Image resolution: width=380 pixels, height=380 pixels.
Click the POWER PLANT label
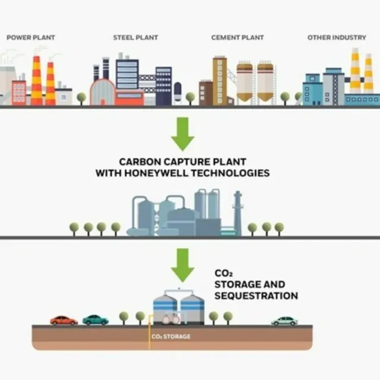(31, 37)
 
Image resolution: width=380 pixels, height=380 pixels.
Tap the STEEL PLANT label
(135, 37)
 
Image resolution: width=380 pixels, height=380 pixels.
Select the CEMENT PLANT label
(237, 37)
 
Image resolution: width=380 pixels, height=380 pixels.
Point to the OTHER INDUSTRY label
(337, 37)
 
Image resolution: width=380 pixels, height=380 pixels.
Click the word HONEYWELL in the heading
(157, 173)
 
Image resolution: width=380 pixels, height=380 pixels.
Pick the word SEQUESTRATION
(256, 296)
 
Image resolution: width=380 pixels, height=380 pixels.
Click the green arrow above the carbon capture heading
(183, 134)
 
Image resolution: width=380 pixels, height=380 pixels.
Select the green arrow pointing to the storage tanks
(183, 265)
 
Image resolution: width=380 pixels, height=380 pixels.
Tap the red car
(64, 320)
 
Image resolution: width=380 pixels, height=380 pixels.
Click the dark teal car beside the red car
(96, 320)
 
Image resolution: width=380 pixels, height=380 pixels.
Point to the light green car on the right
(284, 321)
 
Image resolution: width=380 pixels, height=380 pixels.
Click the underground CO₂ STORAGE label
(171, 337)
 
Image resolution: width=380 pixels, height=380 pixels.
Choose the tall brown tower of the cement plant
(220, 81)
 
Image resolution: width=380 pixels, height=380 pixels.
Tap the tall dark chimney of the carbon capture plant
(237, 213)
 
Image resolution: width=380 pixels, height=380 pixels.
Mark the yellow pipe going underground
(150, 332)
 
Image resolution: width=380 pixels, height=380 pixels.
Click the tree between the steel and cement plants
(190, 99)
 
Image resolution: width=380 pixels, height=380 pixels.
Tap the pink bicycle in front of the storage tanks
(171, 319)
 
